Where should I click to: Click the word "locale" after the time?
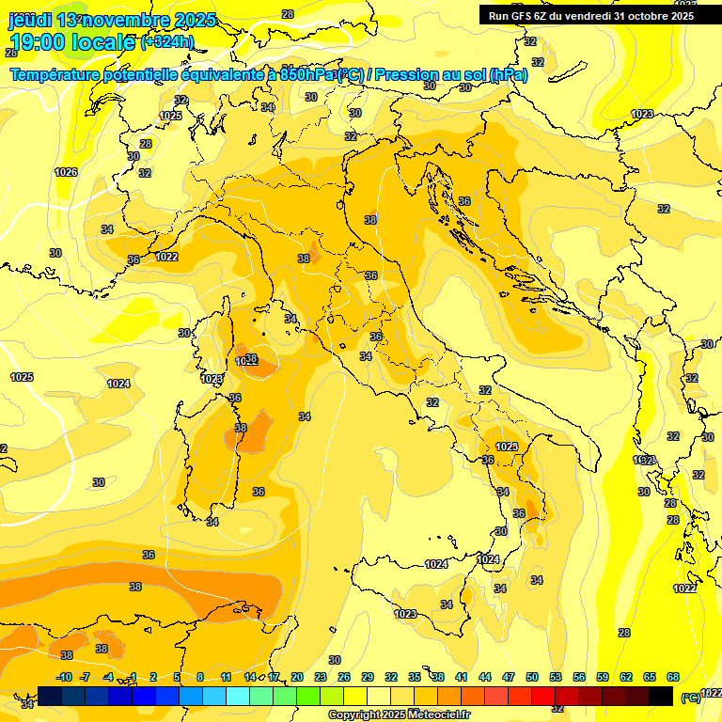108,42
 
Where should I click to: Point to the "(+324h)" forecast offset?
167,42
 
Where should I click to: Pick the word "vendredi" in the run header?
584,15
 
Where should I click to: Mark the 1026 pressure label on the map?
66,172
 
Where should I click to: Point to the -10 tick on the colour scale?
64,677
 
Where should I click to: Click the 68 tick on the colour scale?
673,677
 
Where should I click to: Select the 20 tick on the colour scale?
297,677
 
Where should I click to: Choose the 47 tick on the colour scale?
509,677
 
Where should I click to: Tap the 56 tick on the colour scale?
579,677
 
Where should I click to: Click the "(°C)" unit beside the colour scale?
690,698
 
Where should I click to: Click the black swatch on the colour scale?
662,696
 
